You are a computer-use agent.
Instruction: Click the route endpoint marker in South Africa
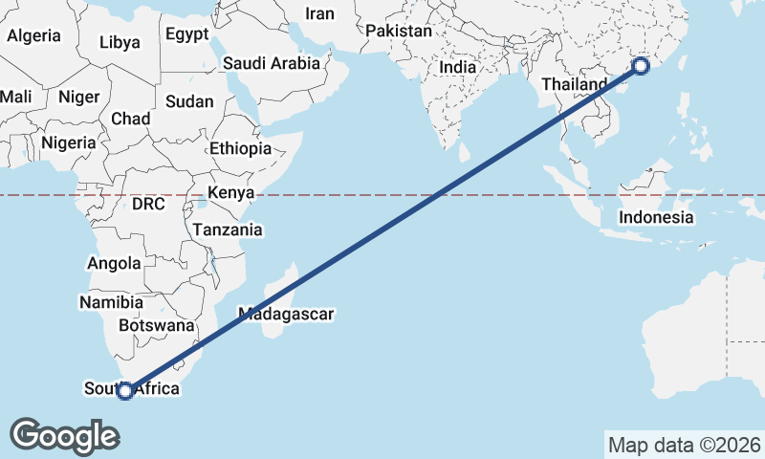pyautogui.click(x=124, y=390)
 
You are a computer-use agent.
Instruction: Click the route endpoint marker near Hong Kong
pyautogui.click(x=641, y=66)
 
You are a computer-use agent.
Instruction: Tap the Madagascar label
pyautogui.click(x=285, y=314)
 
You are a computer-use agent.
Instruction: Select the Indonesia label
pyautogui.click(x=656, y=217)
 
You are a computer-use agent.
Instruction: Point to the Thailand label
pyautogui.click(x=574, y=84)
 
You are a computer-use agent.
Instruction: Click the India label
pyautogui.click(x=457, y=68)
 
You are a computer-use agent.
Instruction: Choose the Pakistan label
pyautogui.click(x=399, y=31)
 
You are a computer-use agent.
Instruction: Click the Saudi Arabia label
pyautogui.click(x=271, y=64)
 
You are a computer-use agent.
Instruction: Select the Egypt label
pyautogui.click(x=186, y=33)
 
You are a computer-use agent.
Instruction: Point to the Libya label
pyautogui.click(x=120, y=42)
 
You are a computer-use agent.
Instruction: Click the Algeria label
pyautogui.click(x=33, y=35)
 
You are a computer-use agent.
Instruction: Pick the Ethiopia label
pyautogui.click(x=241, y=149)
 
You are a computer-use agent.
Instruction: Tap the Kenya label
pyautogui.click(x=230, y=193)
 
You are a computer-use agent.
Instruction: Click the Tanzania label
pyautogui.click(x=228, y=229)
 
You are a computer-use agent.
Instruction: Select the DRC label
pyautogui.click(x=149, y=204)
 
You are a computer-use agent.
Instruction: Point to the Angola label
pyautogui.click(x=114, y=263)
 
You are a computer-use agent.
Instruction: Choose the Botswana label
pyautogui.click(x=157, y=325)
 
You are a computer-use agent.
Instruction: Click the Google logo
pyautogui.click(x=64, y=435)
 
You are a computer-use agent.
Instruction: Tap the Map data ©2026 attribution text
pyautogui.click(x=685, y=445)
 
